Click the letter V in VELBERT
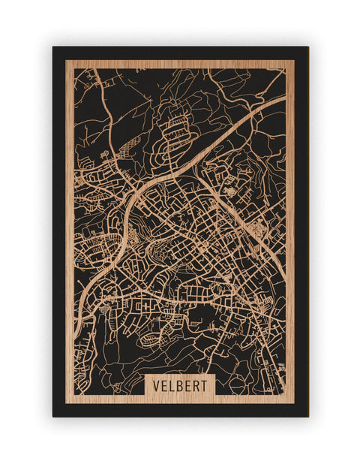(156, 385)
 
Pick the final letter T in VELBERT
(207, 385)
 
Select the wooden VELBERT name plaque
(181, 385)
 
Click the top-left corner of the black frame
(53, 48)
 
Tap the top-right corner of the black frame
(307, 48)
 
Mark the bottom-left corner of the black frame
(53, 415)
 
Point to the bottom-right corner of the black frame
(307, 415)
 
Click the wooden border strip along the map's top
(180, 64)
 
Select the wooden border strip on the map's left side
(68, 225)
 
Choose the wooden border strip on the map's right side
(290, 225)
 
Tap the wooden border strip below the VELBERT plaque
(181, 399)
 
